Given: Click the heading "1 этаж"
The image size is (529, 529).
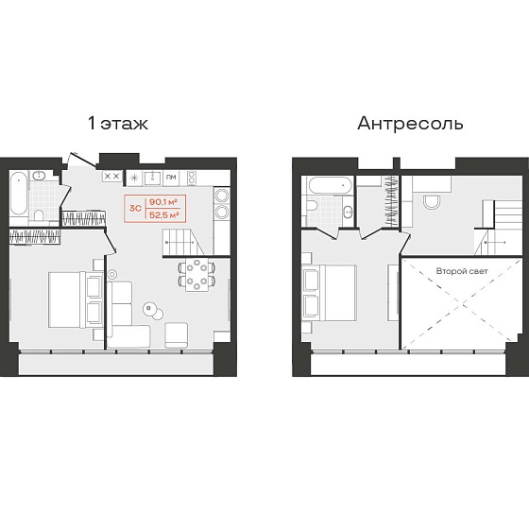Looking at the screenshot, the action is click(118, 124).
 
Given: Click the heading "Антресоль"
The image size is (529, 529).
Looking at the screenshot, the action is click(410, 124).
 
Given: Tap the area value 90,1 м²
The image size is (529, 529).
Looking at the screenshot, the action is click(163, 202).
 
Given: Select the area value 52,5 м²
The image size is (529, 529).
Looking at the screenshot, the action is click(163, 215).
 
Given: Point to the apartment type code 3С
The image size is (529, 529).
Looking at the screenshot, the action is click(135, 208).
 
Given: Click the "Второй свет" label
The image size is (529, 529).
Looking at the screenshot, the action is click(462, 271).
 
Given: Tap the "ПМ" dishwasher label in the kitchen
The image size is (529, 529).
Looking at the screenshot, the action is click(171, 178).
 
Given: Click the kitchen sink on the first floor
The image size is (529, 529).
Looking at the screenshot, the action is click(153, 178).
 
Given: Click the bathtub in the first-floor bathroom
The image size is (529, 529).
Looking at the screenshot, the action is click(19, 194).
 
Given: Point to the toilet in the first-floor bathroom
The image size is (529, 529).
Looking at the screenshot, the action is click(39, 215).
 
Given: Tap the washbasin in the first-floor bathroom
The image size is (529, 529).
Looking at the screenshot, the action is click(39, 175).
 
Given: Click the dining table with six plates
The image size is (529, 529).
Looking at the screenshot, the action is click(196, 275).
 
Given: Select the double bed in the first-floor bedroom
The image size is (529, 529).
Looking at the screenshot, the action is click(75, 299).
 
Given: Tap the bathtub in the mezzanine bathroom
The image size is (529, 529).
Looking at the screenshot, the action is click(331, 185).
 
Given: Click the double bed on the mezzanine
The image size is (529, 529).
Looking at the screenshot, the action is click(330, 293).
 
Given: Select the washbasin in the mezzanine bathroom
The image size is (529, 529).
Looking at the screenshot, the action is click(348, 213).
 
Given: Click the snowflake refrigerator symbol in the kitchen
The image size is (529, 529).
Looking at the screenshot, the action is click(134, 178).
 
